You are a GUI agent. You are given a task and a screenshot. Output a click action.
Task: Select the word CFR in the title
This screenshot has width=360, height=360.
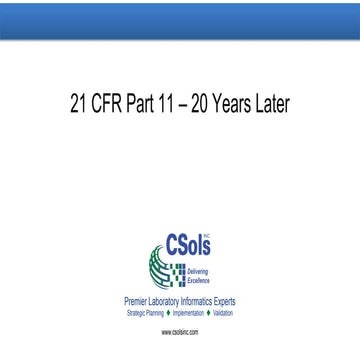pyautogui.click(x=112, y=103)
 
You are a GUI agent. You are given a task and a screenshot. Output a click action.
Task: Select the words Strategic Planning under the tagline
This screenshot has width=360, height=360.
pyautogui.click(x=146, y=312)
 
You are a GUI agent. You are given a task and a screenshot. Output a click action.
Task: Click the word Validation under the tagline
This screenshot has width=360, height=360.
pyautogui.click(x=223, y=312)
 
